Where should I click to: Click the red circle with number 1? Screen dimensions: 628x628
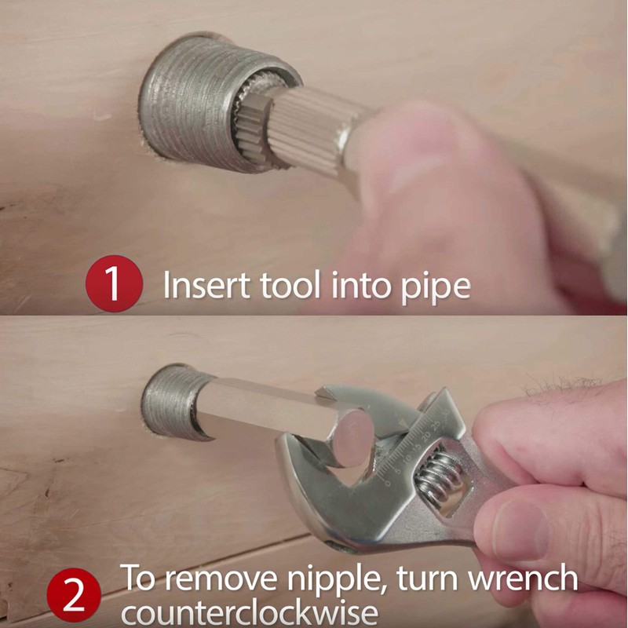click(113, 283)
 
